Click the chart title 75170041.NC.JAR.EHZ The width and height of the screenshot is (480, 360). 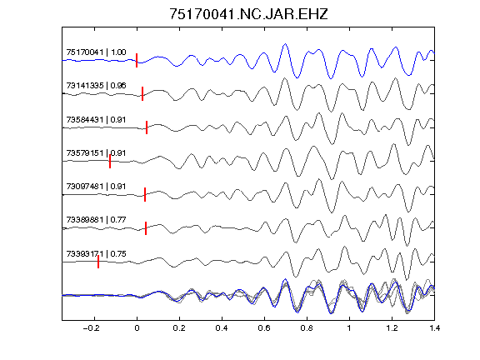[x=248, y=14]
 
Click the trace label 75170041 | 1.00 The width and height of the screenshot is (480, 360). [x=96, y=52]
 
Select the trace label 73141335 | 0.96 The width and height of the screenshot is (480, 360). [x=96, y=86]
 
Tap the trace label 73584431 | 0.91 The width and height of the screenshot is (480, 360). [x=96, y=120]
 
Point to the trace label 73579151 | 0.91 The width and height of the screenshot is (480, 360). [x=96, y=153]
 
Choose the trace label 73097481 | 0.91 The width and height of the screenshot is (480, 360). [x=96, y=187]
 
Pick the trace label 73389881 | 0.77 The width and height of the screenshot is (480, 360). [x=96, y=220]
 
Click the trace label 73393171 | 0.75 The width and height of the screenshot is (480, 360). [x=96, y=254]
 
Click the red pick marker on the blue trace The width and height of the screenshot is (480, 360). [x=137, y=60]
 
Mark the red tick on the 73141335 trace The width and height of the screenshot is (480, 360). [x=142, y=93]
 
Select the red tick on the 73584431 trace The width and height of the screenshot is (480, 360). [x=147, y=127]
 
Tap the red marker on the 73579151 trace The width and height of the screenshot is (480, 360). [x=110, y=161]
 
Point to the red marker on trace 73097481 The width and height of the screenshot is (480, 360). [x=145, y=194]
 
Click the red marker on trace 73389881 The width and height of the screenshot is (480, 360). [x=146, y=228]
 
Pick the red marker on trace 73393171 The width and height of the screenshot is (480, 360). [x=98, y=262]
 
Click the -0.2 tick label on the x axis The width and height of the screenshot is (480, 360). [x=92, y=328]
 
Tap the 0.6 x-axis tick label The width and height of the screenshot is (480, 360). [x=264, y=328]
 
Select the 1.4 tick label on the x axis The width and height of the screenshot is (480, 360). [x=434, y=328]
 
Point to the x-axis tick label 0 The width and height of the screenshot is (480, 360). [x=137, y=328]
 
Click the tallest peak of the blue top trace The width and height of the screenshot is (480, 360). [x=285, y=44]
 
